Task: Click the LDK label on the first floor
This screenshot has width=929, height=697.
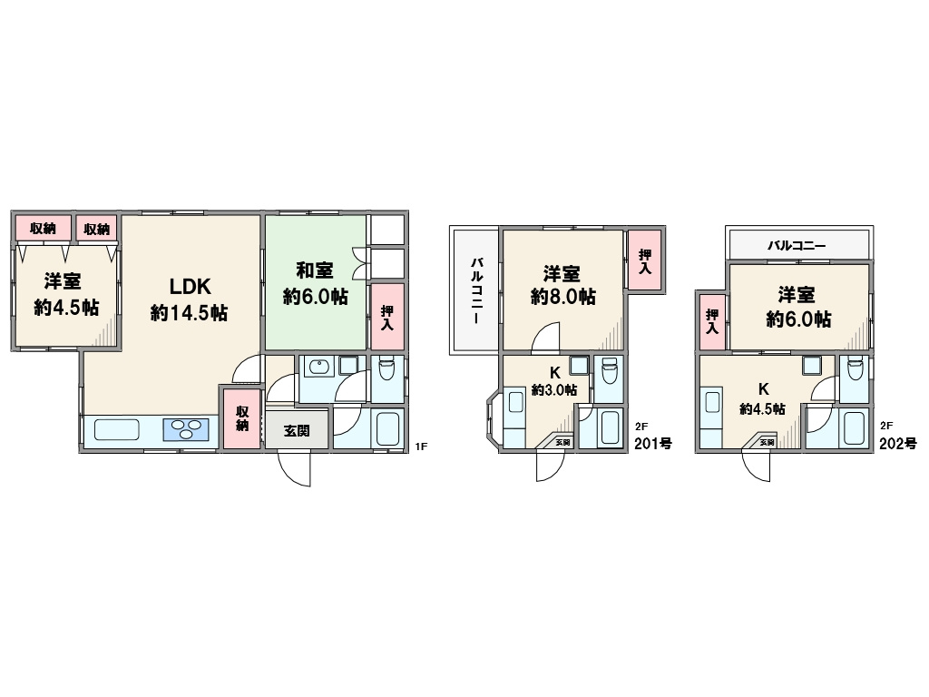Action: click(x=190, y=286)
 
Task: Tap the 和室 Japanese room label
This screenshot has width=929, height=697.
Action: click(x=315, y=270)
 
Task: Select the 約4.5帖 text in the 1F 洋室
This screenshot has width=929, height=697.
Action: click(x=65, y=308)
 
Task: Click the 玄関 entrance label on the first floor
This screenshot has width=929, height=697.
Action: click(x=297, y=430)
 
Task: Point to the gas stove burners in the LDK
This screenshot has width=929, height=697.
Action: click(x=187, y=429)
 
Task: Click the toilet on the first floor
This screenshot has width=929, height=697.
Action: click(x=386, y=370)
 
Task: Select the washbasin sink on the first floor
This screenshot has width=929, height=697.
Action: click(x=318, y=368)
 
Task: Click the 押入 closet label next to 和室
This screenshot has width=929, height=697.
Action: click(x=386, y=318)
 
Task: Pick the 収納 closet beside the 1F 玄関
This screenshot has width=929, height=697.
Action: click(x=241, y=417)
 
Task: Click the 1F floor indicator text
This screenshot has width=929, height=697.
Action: click(x=421, y=447)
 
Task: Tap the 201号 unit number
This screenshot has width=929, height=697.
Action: click(x=653, y=443)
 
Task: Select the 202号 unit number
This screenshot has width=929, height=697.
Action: click(x=897, y=443)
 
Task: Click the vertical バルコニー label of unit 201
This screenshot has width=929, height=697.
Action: click(x=476, y=290)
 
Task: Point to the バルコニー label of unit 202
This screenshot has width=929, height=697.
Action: click(x=797, y=245)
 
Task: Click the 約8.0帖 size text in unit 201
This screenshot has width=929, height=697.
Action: click(x=562, y=296)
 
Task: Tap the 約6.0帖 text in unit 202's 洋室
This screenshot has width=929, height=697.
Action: click(x=798, y=319)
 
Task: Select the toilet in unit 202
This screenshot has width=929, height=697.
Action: click(x=855, y=371)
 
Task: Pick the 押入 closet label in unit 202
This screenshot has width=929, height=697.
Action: click(x=711, y=321)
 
